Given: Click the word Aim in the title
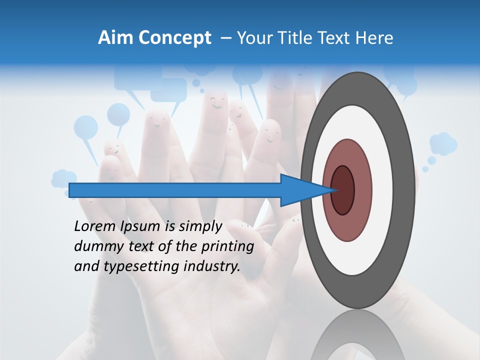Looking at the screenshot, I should click(x=116, y=38).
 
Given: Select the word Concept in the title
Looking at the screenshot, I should click(x=175, y=38).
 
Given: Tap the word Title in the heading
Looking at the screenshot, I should click(x=297, y=38).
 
